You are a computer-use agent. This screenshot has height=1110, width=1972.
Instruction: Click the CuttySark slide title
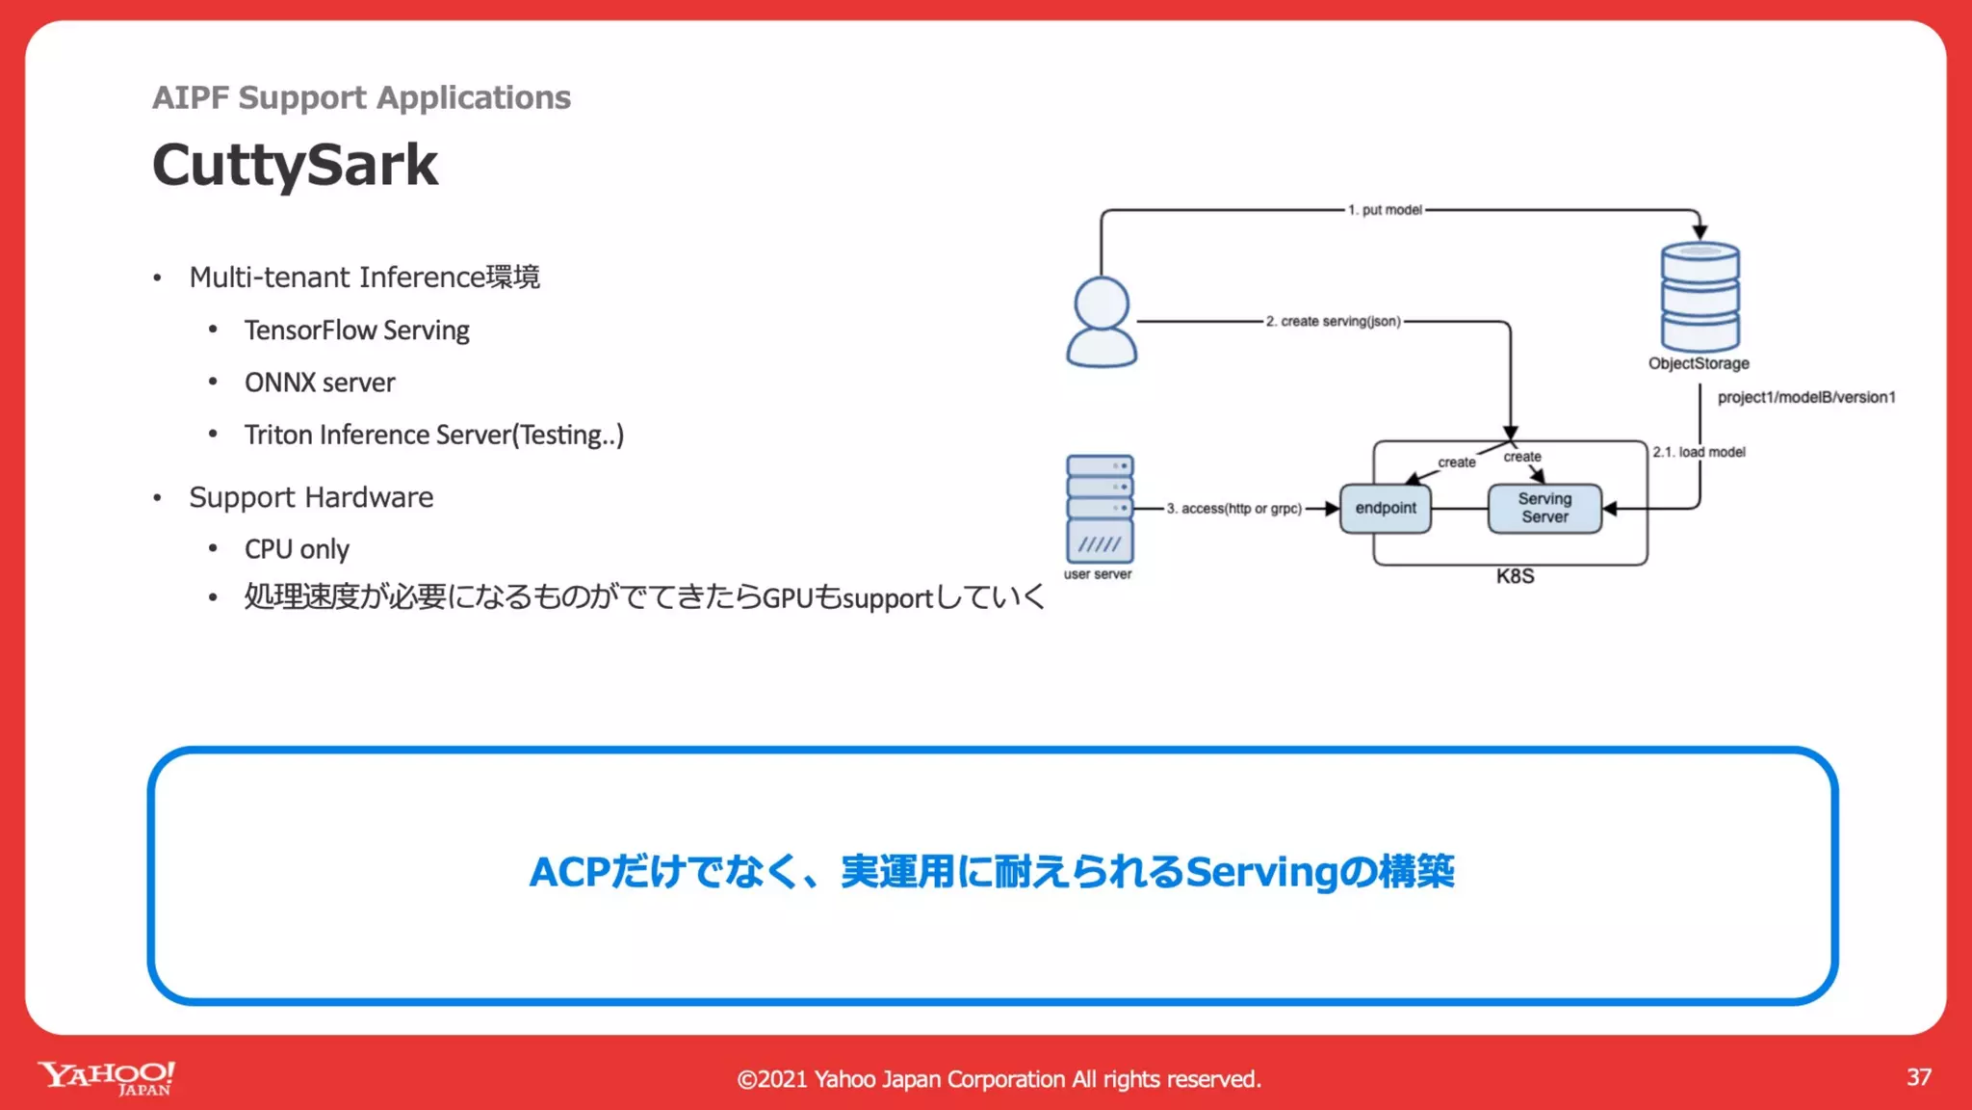point(295,165)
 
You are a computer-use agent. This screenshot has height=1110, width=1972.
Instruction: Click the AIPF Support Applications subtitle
point(361,97)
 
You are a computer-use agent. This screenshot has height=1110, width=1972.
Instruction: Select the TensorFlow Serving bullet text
point(356,330)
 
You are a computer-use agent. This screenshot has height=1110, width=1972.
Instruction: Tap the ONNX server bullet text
point(320,383)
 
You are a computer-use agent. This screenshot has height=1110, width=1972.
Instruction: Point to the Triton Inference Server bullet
point(433,435)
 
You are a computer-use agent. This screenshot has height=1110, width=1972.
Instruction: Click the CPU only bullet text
point(297,549)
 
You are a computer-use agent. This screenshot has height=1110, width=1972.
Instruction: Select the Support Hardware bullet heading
point(311,497)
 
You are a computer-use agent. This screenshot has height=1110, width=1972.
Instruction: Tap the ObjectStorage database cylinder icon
point(1700,297)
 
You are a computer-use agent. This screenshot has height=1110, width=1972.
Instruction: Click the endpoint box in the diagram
point(1386,508)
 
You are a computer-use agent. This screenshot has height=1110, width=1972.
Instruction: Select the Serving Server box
point(1544,508)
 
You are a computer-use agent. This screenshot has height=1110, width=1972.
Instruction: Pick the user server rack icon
point(1100,509)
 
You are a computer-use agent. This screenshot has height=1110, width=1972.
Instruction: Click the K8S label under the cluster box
point(1515,576)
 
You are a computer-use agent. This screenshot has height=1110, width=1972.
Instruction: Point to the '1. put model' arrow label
point(1385,210)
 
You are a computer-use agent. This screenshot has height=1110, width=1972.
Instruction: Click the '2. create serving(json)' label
point(1334,321)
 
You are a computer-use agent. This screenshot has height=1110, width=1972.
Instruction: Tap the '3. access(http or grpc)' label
point(1234,509)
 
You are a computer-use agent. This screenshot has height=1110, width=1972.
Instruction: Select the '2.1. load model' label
point(1700,452)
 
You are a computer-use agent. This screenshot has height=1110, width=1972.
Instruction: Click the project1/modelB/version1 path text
point(1806,397)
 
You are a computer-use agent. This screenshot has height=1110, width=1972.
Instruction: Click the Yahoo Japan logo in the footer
point(107,1078)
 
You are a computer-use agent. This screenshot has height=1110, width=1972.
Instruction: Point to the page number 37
point(1918,1077)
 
